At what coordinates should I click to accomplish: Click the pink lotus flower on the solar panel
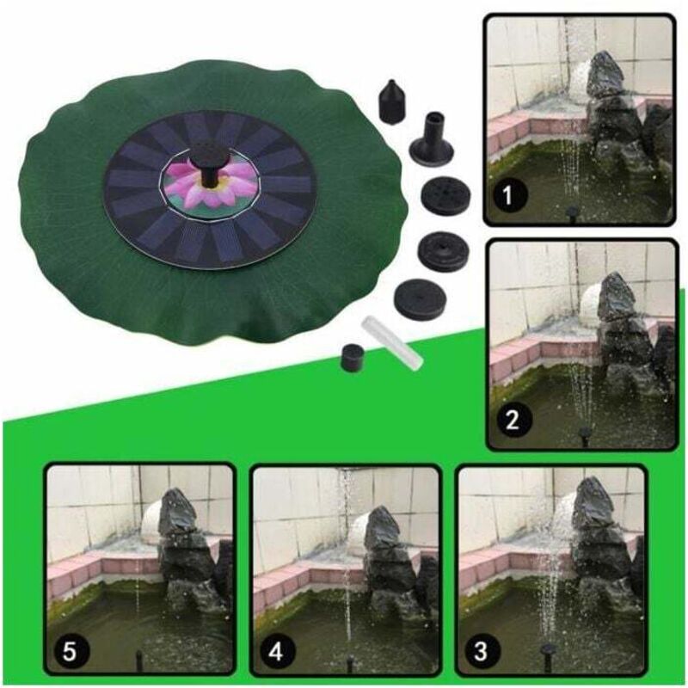click(x=211, y=181)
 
